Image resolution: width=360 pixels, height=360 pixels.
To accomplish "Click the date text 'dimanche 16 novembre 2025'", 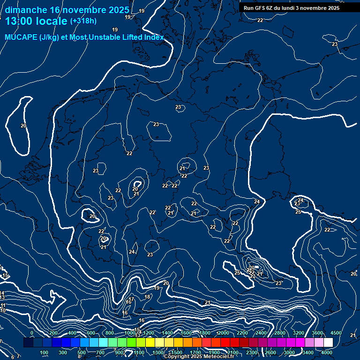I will point(67,10).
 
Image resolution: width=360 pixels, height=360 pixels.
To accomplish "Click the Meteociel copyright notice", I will point(199,357).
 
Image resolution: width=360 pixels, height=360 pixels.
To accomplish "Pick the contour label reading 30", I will point(252,268).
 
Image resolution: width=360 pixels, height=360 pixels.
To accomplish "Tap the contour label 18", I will point(148,297).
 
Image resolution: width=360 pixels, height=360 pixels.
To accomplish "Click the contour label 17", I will point(132,300).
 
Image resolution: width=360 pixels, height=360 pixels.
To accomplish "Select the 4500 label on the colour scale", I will point(336,333).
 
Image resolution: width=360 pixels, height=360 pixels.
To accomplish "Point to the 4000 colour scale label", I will point(327,352).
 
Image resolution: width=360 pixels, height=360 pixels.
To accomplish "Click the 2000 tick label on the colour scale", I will point(224,333).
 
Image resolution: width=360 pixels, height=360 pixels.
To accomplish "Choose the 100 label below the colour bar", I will point(45,352).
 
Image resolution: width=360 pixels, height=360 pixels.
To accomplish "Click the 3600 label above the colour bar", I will point(317,333).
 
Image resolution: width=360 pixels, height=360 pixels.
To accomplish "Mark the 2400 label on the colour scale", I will point(261,333).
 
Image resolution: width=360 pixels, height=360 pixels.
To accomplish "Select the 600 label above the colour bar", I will point(91,333).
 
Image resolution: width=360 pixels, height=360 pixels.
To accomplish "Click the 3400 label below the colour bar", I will point(308,352).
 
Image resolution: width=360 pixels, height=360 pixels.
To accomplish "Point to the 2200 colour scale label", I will point(242,333).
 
